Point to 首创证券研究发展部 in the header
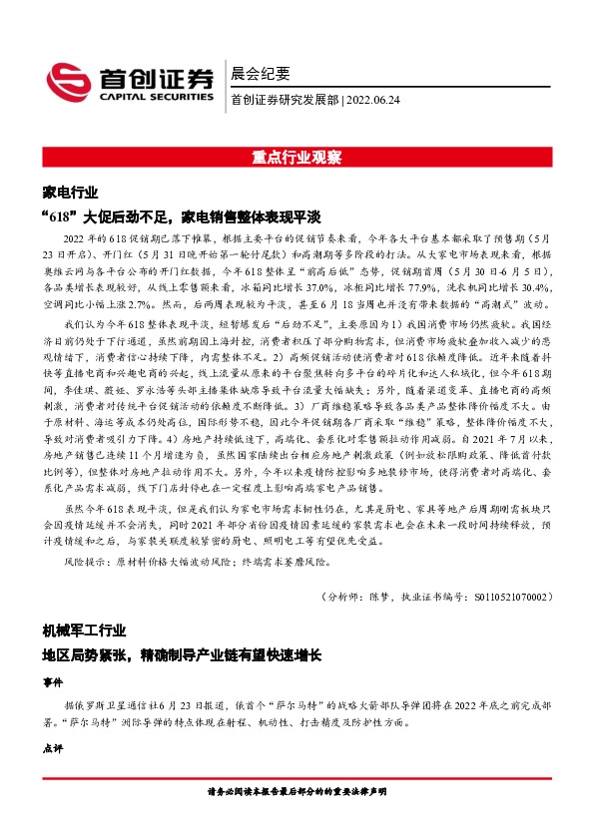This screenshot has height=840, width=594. point(285,99)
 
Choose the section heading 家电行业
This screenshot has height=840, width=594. point(71,192)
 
